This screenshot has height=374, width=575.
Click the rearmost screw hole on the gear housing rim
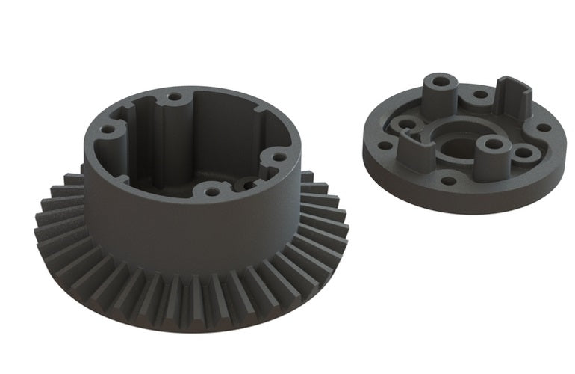point(174,96)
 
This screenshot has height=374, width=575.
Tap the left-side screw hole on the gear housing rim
point(108,129)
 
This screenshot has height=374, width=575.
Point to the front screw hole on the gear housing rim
point(212,191)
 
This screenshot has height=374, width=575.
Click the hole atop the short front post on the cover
point(491,142)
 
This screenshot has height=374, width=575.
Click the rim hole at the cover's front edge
point(447,180)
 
